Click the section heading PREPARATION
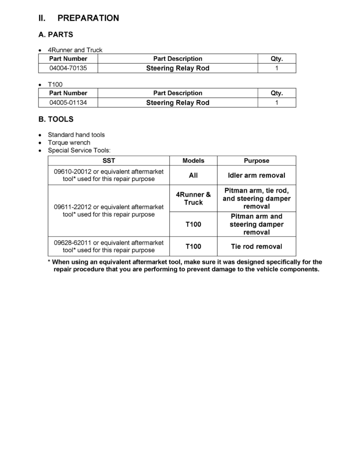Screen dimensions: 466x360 tap(88, 18)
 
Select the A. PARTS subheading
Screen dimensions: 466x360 tap(55, 35)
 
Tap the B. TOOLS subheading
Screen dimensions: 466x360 tap(56, 119)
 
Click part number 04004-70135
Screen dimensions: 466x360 tap(68, 68)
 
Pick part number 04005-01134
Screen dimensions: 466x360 tap(68, 103)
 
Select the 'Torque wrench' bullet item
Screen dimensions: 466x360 tap(69, 142)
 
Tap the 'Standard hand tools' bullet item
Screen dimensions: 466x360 tap(76, 135)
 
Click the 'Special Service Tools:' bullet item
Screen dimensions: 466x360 tap(79, 150)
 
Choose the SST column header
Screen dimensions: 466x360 tap(109, 161)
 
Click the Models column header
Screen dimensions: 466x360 tap(193, 161)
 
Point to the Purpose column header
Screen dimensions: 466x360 tap(256, 161)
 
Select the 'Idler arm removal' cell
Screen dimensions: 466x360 tap(256, 175)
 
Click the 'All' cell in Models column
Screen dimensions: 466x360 tap(193, 175)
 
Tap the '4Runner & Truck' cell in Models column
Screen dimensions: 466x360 tap(193, 198)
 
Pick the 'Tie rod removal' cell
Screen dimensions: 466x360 tap(256, 246)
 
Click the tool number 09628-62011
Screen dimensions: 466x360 tap(73, 242)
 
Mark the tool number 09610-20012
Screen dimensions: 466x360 tap(73, 171)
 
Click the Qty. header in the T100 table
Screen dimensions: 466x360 tap(277, 93)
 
